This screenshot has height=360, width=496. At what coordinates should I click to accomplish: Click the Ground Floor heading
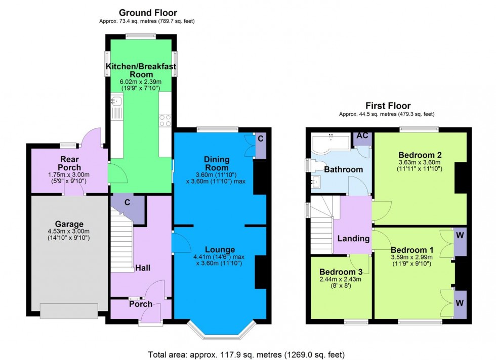[148, 12]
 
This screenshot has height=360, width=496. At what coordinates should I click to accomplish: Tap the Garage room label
[69, 224]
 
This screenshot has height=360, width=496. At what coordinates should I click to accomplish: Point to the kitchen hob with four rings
[166, 121]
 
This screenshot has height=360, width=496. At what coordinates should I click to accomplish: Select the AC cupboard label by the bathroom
[362, 136]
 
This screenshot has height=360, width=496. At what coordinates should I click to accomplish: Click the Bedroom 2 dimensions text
[420, 166]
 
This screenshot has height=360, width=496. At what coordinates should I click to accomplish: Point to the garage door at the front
[69, 310]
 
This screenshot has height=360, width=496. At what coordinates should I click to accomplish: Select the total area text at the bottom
[248, 354]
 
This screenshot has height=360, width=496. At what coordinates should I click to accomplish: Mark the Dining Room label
[217, 163]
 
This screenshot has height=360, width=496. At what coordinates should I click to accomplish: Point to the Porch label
[140, 304]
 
